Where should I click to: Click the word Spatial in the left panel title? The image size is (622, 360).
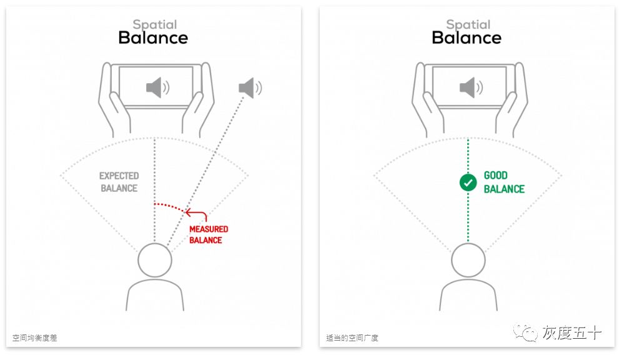point(154,25)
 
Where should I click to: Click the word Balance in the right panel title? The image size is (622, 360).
point(466,37)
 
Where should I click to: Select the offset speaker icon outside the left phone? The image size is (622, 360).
point(250,87)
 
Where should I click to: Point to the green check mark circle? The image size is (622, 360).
point(468,182)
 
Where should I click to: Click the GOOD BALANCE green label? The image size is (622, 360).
point(504,182)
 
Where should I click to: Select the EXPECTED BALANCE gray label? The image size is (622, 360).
point(119,182)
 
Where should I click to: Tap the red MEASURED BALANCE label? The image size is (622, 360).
point(209,234)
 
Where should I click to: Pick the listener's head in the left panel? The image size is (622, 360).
point(154,261)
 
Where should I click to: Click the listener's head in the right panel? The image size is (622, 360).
point(468,261)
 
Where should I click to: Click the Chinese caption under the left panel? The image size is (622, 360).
point(35,338)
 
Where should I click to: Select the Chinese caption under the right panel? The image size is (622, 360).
point(352,338)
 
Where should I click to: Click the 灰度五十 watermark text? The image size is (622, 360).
point(571,333)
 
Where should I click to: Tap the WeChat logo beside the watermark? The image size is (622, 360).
point(526,333)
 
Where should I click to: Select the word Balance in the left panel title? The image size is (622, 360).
point(154,37)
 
